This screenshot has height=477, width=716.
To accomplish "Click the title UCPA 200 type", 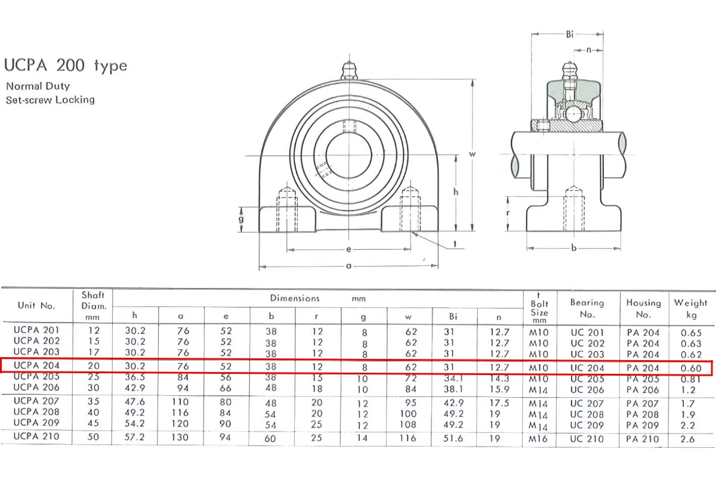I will pos(66,65).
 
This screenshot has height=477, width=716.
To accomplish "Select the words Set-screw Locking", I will pos(50,100).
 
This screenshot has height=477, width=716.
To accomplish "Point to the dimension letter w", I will pos(472,154).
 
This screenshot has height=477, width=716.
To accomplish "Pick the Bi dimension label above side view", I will pos(570,34).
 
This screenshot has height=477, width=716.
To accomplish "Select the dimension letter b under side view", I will pos(574,248).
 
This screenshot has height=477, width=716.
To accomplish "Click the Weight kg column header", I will pos(690,308).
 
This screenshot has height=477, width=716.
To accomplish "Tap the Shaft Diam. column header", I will pos(93,304).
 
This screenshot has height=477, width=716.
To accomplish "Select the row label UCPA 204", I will pos(36,366).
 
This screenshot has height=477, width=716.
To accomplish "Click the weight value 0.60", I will pos(691,368).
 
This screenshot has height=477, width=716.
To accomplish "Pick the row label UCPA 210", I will pos(36,437).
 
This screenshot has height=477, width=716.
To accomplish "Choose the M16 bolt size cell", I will pos(539,439).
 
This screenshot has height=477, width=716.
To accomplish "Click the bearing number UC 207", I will pos(587,403).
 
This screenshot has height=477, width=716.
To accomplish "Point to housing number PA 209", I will pos(643,425).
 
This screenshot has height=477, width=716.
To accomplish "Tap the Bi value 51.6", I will pos(456,438).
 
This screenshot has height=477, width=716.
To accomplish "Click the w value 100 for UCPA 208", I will pos(408,414).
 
